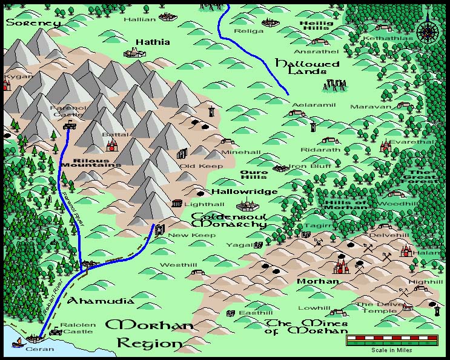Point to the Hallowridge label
click(x=244, y=192)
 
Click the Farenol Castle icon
click(x=70, y=125)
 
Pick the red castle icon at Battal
click(x=111, y=144)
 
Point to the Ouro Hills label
click(x=254, y=176)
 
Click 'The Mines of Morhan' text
click(x=306, y=327)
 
